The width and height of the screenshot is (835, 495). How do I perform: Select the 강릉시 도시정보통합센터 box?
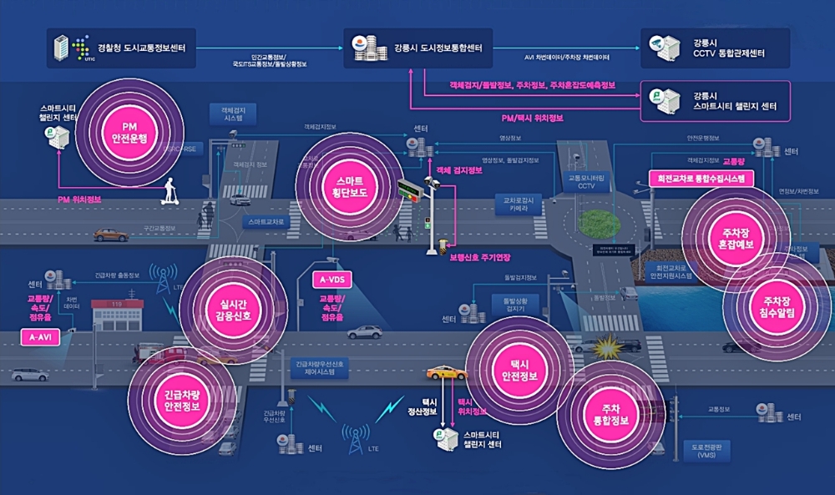417,48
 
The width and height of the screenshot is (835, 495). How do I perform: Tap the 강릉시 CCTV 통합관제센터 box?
715,48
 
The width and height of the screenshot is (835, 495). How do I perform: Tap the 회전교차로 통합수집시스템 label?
701,178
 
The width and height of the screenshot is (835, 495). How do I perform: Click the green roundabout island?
600,223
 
